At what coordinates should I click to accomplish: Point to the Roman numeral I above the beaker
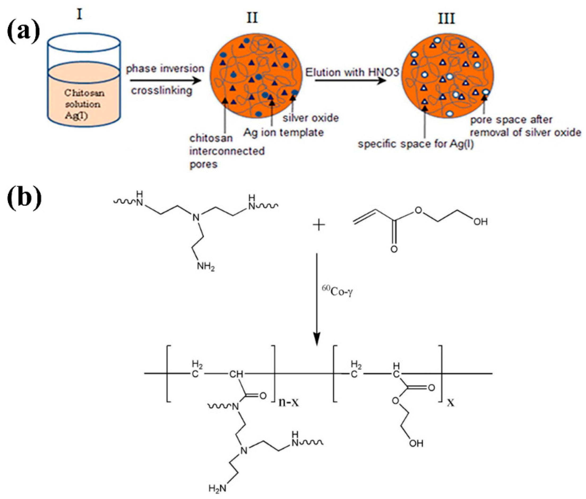tap(80, 14)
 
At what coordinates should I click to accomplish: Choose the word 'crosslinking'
tap(161, 91)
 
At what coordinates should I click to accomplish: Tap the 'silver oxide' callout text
tap(311, 118)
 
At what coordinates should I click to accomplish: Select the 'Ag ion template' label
tap(284, 132)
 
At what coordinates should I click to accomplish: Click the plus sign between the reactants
tap(319, 225)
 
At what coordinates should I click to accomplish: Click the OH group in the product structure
tap(416, 451)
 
